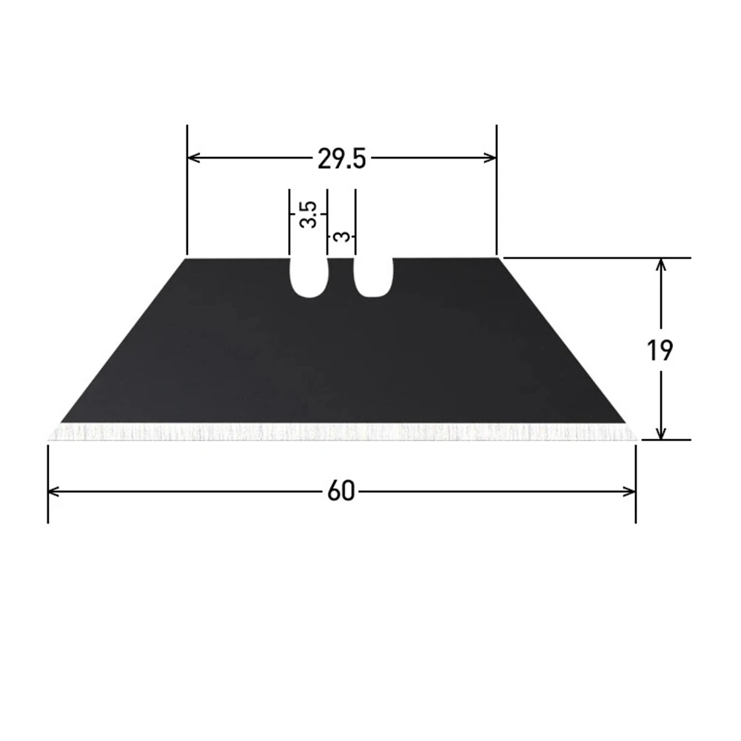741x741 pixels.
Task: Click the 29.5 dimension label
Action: [x=342, y=158]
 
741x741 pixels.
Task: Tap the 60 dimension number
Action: [x=341, y=492]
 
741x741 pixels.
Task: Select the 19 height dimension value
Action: [x=660, y=350]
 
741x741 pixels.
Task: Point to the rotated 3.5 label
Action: [x=308, y=214]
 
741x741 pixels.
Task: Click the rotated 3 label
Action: [x=341, y=236]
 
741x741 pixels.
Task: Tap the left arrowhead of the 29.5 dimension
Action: [x=194, y=158]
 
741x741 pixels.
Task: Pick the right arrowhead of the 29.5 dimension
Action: [x=489, y=158]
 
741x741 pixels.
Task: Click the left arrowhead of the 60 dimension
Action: [x=54, y=492]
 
